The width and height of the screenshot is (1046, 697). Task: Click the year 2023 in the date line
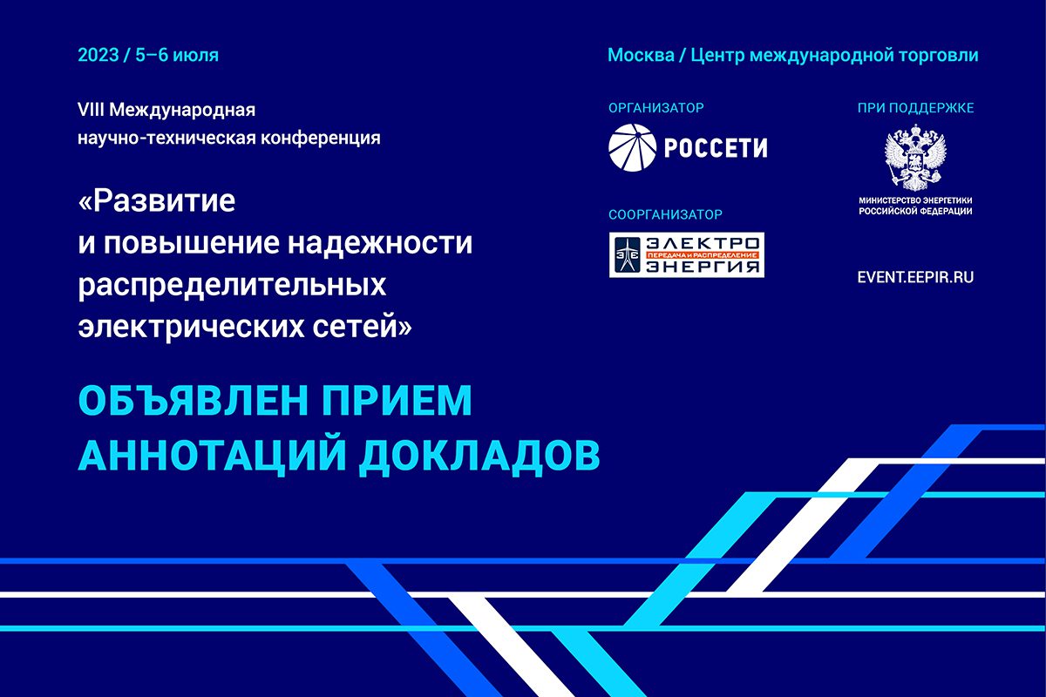click(98, 55)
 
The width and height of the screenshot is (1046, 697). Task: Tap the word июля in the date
click(195, 56)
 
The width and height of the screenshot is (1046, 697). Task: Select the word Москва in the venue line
click(641, 55)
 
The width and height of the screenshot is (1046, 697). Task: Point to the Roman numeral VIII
click(91, 110)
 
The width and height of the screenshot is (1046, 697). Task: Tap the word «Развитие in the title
click(157, 200)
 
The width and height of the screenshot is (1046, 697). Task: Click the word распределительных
click(232, 285)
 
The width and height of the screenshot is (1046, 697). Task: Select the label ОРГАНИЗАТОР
click(656, 108)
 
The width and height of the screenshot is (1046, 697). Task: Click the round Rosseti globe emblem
click(633, 147)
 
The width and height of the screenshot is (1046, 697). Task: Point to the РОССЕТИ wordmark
click(716, 148)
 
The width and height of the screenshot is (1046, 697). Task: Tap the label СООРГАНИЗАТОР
click(665, 214)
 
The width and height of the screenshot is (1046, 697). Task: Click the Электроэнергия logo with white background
click(687, 255)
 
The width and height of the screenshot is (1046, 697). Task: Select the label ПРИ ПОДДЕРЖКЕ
click(916, 108)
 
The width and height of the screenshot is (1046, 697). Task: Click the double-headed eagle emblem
click(915, 157)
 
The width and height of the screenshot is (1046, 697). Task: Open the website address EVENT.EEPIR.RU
click(916, 277)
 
